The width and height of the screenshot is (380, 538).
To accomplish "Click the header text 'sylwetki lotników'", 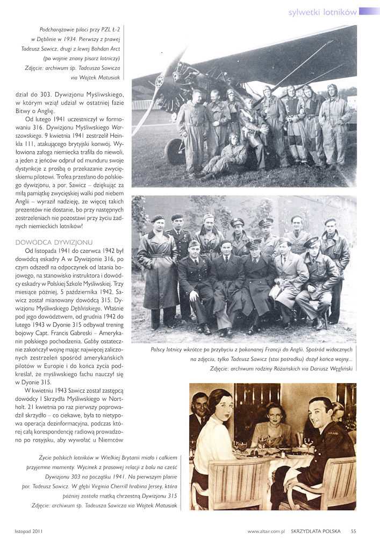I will point(322,11).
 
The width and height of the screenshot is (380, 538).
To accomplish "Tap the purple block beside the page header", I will point(369,11).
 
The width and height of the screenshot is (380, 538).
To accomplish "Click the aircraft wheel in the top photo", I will point(175,152).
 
